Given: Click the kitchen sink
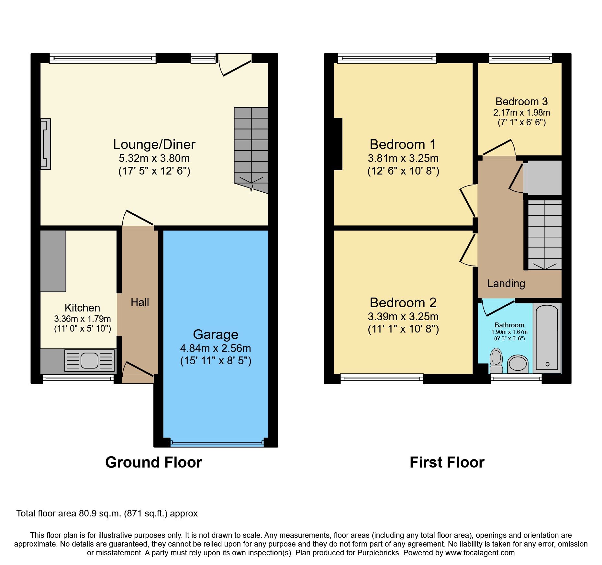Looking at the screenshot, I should (x=89, y=360).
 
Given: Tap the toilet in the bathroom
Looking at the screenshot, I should (x=496, y=361).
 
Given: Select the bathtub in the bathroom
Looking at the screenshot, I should (x=547, y=337).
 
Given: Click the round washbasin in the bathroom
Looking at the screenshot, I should (x=518, y=363).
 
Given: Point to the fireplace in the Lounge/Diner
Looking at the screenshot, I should (x=45, y=144).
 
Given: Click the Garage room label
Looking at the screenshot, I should (x=216, y=334).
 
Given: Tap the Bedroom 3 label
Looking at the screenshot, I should (x=521, y=102).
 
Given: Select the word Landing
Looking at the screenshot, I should (x=506, y=284).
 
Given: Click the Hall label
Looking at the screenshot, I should (x=140, y=302).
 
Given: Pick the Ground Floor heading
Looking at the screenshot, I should (x=153, y=462).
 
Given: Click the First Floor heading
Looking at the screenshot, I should (x=447, y=462).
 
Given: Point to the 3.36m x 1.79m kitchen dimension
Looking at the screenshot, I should (x=82, y=319).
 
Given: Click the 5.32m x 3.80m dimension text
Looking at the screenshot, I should (x=154, y=158).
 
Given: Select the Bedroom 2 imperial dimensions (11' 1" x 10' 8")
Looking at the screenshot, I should (x=403, y=329).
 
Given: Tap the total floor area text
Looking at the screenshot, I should (x=107, y=514).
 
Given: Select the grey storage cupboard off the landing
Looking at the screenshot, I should (x=543, y=178).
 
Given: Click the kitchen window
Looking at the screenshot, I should (x=78, y=379).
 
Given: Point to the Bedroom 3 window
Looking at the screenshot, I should (x=520, y=58).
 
